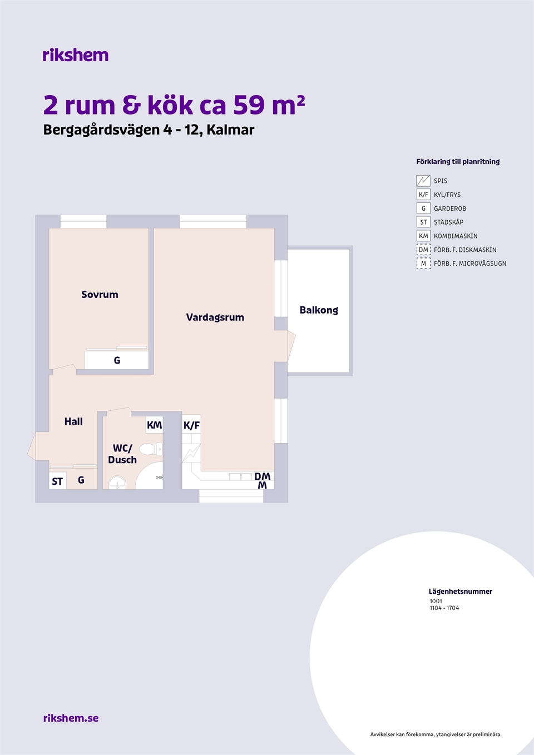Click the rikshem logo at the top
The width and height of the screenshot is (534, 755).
pyautogui.click(x=76, y=55)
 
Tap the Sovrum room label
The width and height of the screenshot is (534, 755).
pyautogui.click(x=100, y=295)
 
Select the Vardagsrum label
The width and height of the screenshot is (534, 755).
pyautogui.click(x=215, y=317)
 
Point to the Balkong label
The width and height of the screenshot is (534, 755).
pyautogui.click(x=319, y=310)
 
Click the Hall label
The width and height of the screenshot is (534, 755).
pyautogui.click(x=73, y=421)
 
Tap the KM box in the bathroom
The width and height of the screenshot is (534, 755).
pyautogui.click(x=155, y=425)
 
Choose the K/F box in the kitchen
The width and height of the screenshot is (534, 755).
pyautogui.click(x=191, y=425)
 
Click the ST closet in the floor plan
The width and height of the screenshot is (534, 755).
pyautogui.click(x=57, y=481)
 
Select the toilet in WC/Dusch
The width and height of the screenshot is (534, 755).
pyautogui.click(x=151, y=449)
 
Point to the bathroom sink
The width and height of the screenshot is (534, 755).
pyautogui.click(x=117, y=483)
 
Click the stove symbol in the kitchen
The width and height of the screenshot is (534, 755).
pyautogui.click(x=191, y=453)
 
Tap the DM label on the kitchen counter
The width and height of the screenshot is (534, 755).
pyautogui.click(x=263, y=476)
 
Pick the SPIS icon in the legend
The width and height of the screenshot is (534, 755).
pyautogui.click(x=423, y=181)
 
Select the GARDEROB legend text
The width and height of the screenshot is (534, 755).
pyautogui.click(x=450, y=208)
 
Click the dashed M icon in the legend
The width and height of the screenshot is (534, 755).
pyautogui.click(x=423, y=264)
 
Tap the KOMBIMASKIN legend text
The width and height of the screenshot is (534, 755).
pyautogui.click(x=456, y=236)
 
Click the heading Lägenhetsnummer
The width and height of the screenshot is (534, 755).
pyautogui.click(x=461, y=591)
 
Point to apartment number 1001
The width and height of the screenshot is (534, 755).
pyautogui.click(x=436, y=601)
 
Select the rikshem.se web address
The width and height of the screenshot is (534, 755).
pyautogui.click(x=71, y=718)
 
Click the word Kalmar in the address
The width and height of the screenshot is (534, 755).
pyautogui.click(x=230, y=130)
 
